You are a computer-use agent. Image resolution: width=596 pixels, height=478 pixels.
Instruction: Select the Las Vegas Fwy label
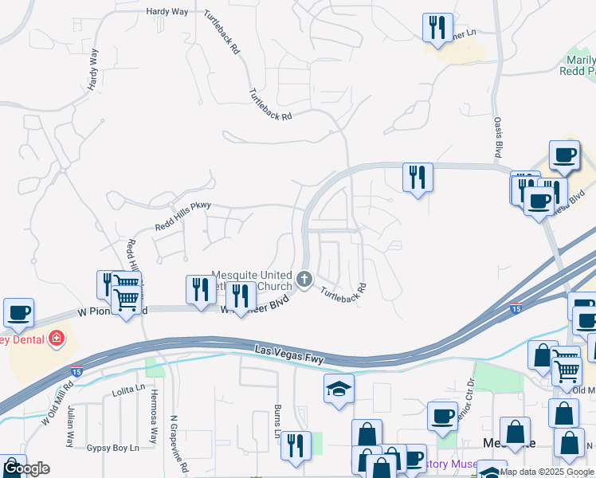pos(290,354)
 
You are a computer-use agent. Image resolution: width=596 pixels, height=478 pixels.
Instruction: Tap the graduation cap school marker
pos(339,390)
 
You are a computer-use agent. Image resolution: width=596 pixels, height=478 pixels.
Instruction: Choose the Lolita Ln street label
pos(128,389)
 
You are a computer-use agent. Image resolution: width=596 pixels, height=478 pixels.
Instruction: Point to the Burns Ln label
pos(277,421)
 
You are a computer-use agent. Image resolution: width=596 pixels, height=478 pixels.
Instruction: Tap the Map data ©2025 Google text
pos(547,472)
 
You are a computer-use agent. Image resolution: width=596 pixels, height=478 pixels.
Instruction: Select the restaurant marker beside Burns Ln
pos(296,445)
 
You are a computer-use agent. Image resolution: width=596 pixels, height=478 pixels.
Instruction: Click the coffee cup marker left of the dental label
pos(18,312)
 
